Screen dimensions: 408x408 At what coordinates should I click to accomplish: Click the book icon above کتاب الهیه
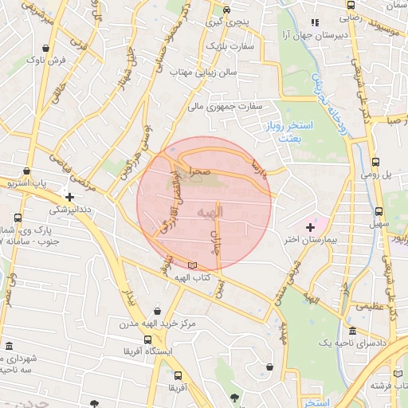[x=190, y=265]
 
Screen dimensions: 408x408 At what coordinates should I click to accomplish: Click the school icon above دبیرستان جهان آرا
[x=315, y=23]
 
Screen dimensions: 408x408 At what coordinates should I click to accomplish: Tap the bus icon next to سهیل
[x=377, y=212]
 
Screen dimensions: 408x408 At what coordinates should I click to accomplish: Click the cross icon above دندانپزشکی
[x=70, y=197]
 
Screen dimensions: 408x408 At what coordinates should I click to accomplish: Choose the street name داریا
[x=257, y=167]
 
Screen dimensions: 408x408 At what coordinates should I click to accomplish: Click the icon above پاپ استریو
[x=28, y=171]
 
